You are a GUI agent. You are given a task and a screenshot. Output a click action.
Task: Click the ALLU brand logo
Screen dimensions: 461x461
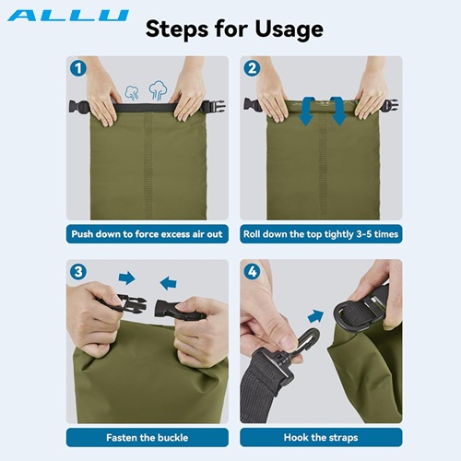click(x=68, y=16)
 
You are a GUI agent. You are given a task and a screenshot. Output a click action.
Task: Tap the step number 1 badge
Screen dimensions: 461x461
click(x=78, y=68)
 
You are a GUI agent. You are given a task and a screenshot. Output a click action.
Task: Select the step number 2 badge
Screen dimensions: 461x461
click(x=252, y=68)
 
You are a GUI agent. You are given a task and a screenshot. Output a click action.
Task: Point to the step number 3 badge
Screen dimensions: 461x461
click(x=78, y=272)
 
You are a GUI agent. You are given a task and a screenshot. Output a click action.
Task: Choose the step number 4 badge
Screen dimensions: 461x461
click(x=252, y=272)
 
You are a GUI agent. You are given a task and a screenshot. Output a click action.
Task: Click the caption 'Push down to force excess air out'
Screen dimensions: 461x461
click(x=147, y=234)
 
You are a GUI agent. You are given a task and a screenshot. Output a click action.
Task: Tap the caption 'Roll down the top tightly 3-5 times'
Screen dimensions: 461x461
click(x=321, y=234)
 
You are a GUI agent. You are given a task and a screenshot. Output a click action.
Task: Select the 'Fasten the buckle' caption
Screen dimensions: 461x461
click(x=148, y=437)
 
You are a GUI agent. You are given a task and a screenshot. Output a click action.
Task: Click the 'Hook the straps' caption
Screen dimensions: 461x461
click(x=321, y=437)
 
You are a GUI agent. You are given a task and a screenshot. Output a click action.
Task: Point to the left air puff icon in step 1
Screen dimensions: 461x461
click(x=132, y=92)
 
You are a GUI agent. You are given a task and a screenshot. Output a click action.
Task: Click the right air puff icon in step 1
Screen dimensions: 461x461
click(x=158, y=90)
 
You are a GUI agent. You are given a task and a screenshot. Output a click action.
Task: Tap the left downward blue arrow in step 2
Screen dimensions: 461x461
click(x=307, y=112)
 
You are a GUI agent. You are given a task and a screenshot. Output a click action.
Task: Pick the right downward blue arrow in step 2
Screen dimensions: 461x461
click(x=337, y=112)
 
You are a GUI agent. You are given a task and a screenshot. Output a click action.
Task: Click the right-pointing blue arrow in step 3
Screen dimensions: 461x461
click(x=126, y=278)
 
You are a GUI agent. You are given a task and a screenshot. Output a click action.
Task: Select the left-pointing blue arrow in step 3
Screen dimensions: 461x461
click(x=169, y=283)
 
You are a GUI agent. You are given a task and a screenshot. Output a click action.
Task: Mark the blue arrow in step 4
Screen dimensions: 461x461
click(x=316, y=316)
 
